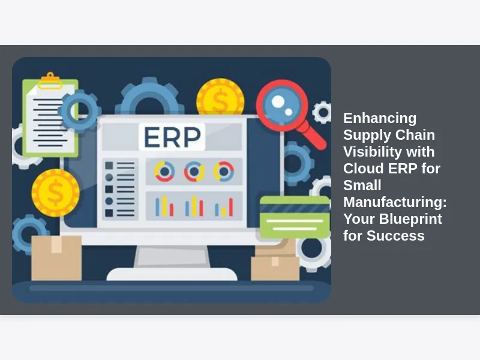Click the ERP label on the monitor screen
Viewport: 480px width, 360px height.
click(x=172, y=137)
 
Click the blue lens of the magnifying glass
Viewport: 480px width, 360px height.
click(x=281, y=105)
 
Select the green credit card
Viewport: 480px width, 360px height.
click(x=295, y=217)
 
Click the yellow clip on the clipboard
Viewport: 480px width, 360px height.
click(x=50, y=81)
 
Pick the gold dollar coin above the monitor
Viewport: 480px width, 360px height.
click(x=220, y=97)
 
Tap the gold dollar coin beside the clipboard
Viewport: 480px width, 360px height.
click(x=56, y=193)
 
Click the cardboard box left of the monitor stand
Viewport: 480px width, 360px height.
click(x=56, y=258)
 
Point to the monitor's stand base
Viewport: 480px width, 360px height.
click(x=172, y=274)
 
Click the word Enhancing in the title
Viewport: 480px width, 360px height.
click(x=380, y=118)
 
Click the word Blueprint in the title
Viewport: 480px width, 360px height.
click(x=410, y=219)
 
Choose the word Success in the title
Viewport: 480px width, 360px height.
click(x=395, y=236)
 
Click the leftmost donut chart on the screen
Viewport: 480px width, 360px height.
click(x=164, y=172)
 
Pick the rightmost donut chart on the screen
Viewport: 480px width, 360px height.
click(x=224, y=172)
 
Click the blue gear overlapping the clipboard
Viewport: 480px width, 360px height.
click(x=80, y=112)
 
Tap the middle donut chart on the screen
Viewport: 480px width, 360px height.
click(x=194, y=172)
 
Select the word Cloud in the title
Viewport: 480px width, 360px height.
click(x=361, y=169)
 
